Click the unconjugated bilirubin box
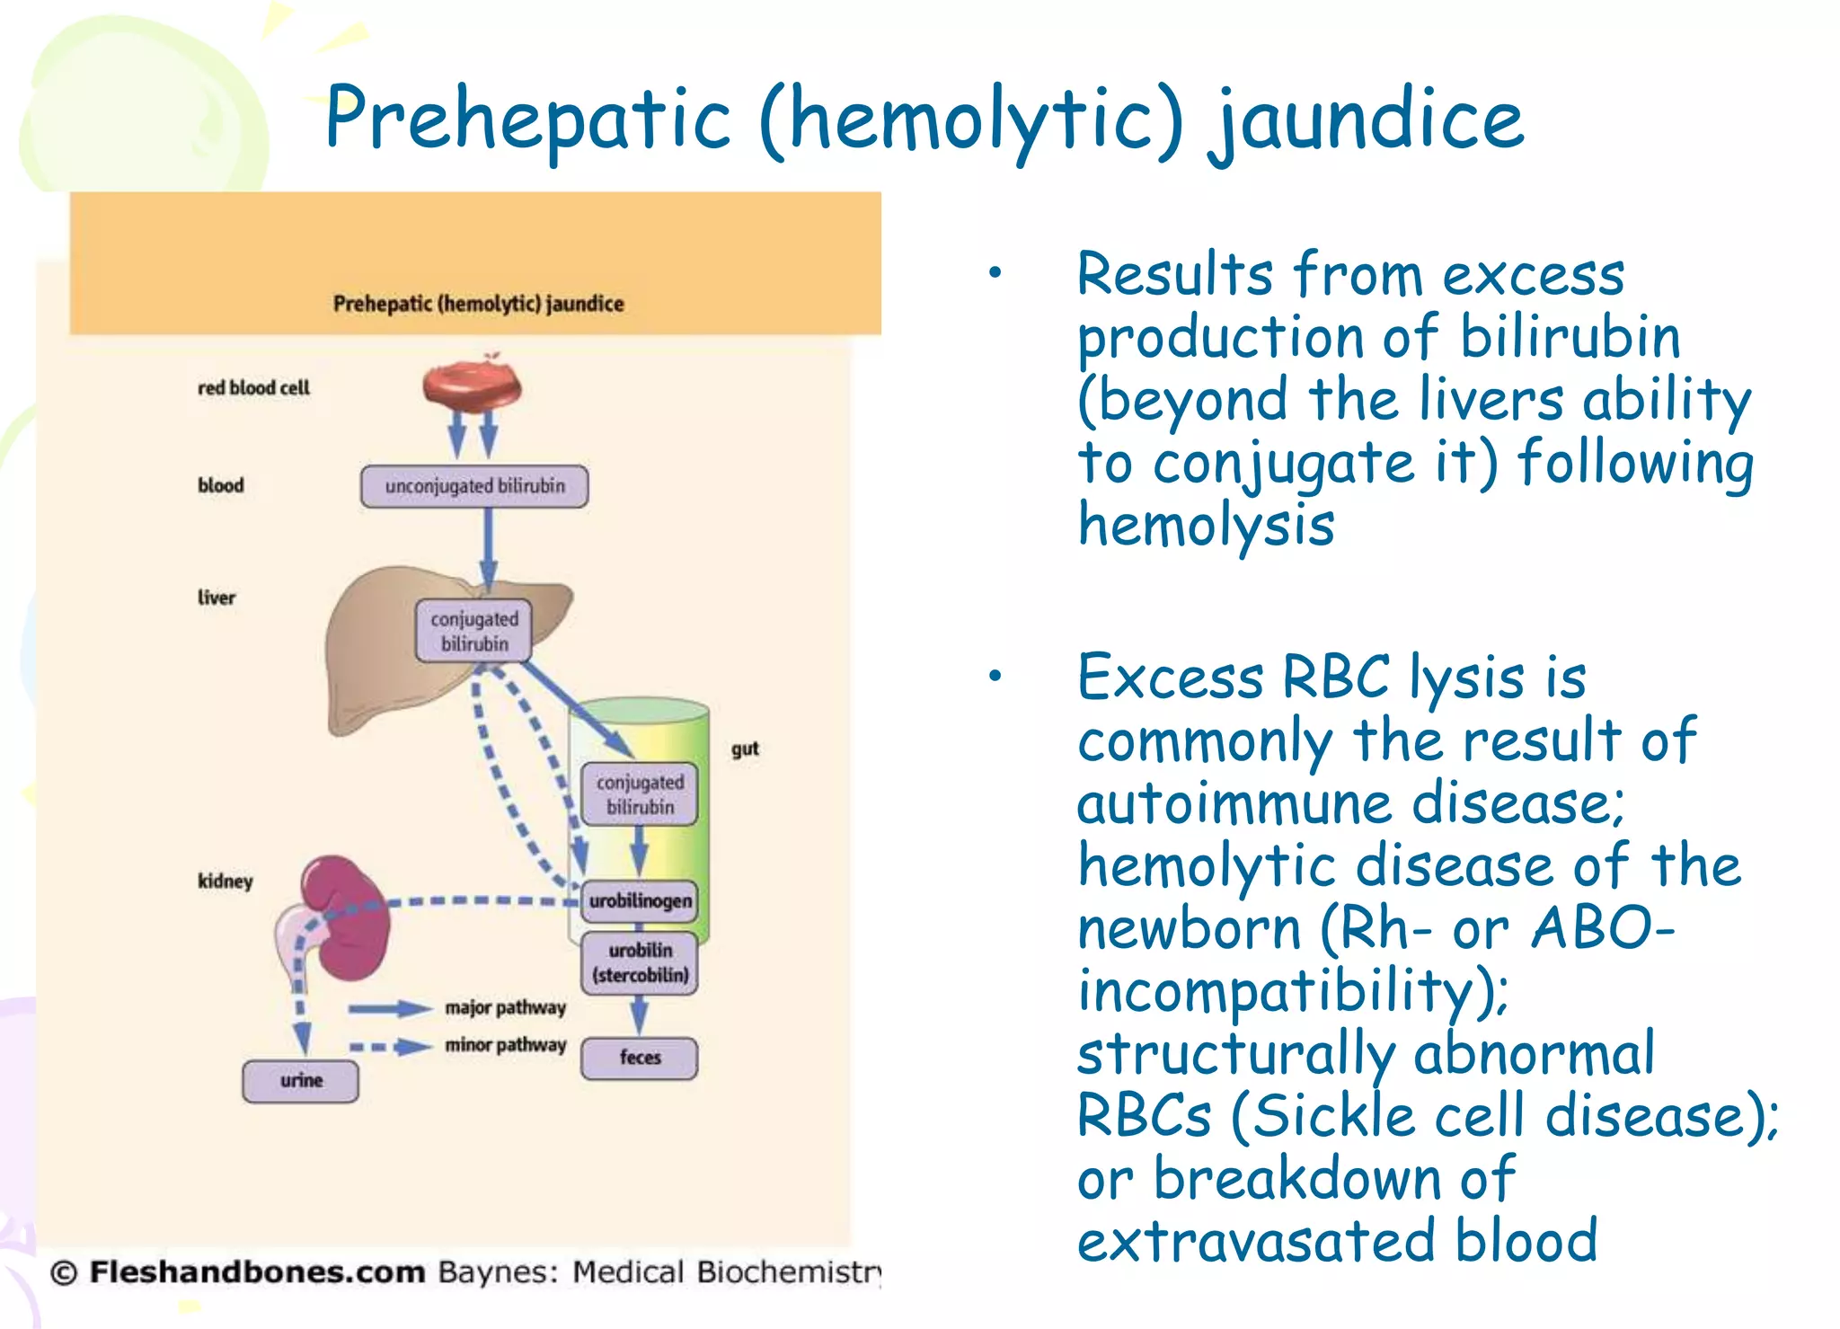click(474, 486)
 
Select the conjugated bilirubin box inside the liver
click(473, 632)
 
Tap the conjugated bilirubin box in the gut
click(640, 794)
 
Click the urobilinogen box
click(640, 900)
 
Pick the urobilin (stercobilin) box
click(640, 962)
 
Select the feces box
click(640, 1058)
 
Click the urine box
click(300, 1080)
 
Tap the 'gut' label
click(745, 749)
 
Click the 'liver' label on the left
click(217, 598)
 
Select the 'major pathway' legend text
click(505, 1007)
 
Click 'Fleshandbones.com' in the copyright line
click(257, 1272)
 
